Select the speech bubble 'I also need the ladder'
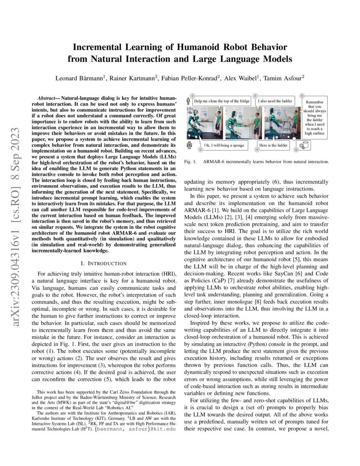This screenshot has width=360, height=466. pyautogui.click(x=275, y=101)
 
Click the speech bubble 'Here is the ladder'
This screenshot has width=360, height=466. pyautogui.click(x=274, y=146)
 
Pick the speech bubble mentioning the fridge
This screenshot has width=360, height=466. pyautogui.click(x=222, y=101)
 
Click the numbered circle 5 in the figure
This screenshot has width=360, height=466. pyautogui.click(x=302, y=96)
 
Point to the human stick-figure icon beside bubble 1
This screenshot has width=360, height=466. pyautogui.click(x=188, y=102)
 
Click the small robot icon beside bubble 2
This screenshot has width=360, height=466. pyautogui.click(x=188, y=145)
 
